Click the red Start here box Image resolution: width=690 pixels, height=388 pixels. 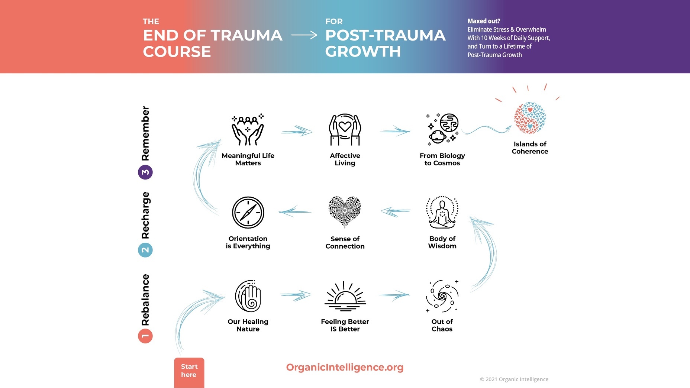189,372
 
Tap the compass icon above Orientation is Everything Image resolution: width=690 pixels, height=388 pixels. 248,212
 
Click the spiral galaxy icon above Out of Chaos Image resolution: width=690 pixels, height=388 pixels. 442,296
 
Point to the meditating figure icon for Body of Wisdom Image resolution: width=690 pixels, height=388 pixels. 442,212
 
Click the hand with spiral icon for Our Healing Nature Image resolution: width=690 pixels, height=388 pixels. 248,296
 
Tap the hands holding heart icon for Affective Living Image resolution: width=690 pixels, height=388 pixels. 345,130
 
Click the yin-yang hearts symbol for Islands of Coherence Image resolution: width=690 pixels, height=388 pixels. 530,118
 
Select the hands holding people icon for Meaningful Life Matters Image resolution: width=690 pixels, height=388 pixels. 248,130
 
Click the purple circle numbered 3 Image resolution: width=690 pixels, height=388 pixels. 145,172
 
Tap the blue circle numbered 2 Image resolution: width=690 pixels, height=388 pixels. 145,250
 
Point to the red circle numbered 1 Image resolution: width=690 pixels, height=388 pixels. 145,336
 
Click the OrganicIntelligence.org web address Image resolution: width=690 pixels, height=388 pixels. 345,367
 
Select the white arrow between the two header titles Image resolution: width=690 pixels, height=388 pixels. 304,35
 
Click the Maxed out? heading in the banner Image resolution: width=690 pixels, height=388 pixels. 484,21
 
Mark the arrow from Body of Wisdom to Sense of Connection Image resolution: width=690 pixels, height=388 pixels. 396,211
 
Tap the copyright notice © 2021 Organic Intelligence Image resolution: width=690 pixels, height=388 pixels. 514,379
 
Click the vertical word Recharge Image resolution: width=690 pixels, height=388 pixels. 145,215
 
